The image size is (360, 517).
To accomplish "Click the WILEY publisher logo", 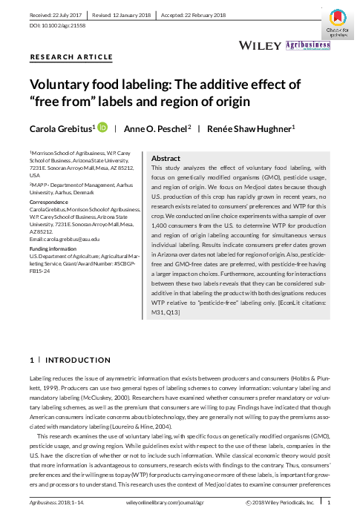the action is tap(259, 45).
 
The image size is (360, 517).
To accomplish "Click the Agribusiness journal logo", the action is tap(308, 45).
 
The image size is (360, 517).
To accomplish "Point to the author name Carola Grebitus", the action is tap(62, 128).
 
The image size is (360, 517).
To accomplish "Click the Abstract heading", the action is tap(166, 159).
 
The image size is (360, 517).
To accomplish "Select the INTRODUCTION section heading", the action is tap(62, 360).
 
